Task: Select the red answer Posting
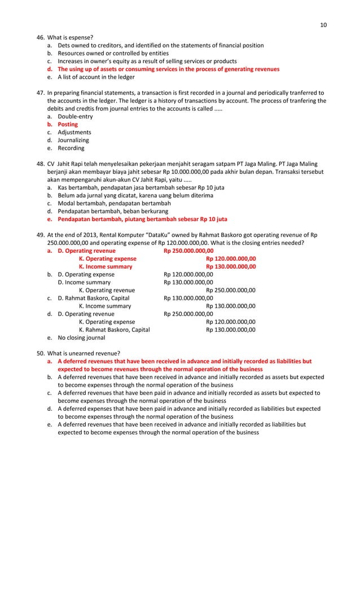click(68, 124)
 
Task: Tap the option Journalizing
click(73, 140)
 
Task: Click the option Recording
click(71, 148)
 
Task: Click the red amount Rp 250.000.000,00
click(188, 251)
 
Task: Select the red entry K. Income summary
click(106, 266)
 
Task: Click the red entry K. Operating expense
click(107, 258)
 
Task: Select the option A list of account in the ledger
click(96, 77)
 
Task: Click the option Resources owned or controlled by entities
click(113, 53)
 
